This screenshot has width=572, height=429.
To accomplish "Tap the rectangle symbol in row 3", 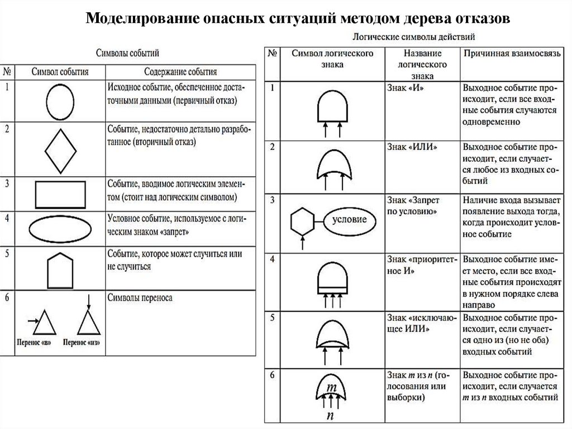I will tap(60, 194).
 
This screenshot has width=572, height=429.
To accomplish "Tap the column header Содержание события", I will tap(180, 72).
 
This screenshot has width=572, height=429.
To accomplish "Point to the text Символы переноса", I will tap(139, 298).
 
